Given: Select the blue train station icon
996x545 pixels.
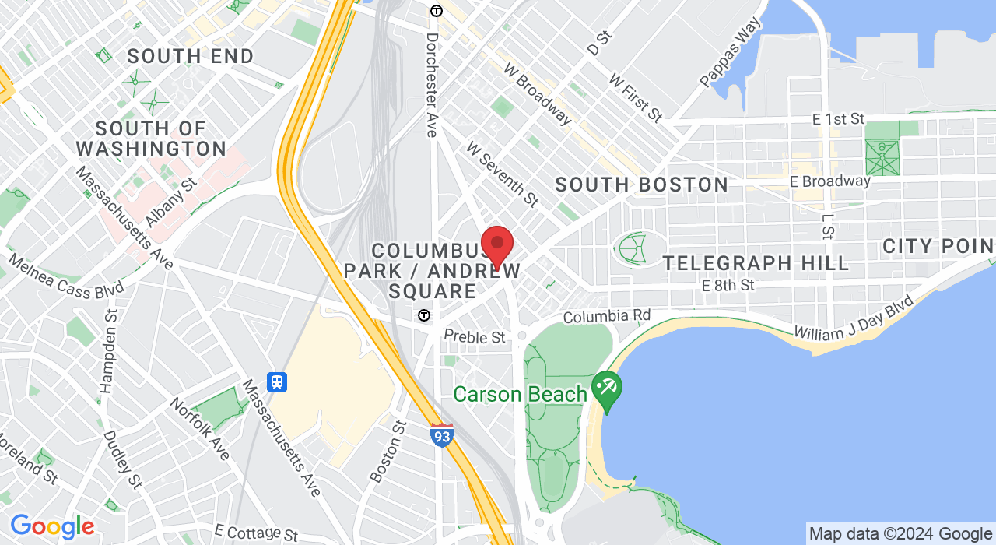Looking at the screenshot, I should tap(277, 382).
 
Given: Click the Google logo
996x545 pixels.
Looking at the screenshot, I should tap(51, 527).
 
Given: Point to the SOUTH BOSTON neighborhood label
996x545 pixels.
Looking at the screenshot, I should tap(641, 185).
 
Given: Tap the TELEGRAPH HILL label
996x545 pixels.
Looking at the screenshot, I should tap(756, 263).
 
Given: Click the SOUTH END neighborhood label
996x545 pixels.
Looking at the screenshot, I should tap(191, 56).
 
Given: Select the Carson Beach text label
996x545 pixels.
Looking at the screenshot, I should tap(520, 394).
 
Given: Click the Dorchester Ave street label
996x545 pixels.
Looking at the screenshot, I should tap(432, 84).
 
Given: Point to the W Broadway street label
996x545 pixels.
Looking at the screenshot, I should tap(538, 94).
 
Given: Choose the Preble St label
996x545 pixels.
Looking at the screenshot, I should tap(475, 337).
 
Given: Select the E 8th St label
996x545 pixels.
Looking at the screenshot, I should tap(728, 286).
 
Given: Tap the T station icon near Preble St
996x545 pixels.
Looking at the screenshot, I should tap(423, 315).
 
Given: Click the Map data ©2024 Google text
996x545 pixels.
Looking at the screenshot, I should tap(900, 534).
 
